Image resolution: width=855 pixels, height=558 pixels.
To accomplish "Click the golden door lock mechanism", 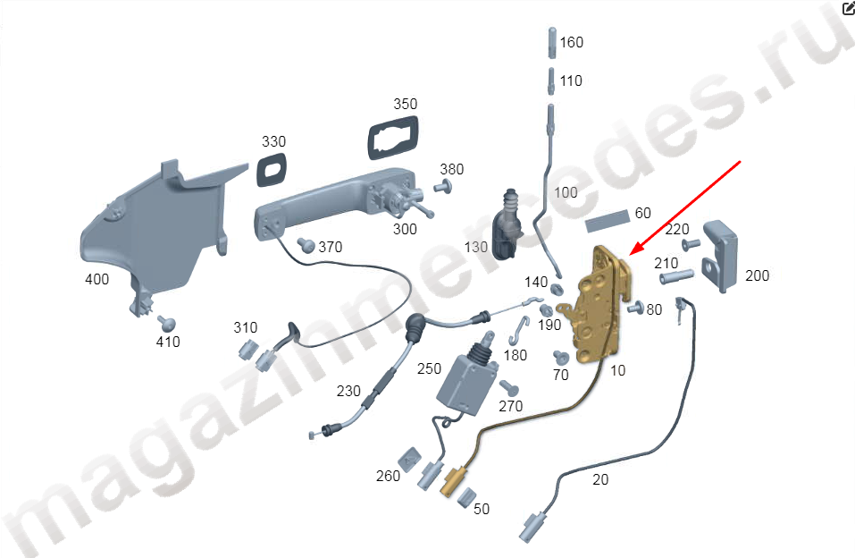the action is (599, 306).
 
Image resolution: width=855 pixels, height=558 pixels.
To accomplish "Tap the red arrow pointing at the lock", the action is (685, 208).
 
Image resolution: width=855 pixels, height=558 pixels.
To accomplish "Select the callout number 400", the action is (97, 280).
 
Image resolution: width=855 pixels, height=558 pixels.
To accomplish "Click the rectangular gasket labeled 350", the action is (393, 138).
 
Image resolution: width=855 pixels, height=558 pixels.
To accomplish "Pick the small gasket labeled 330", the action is (271, 170).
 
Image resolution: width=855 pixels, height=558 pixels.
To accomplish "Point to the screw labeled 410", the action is (167, 323).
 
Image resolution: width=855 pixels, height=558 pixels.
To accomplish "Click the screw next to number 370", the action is (306, 245).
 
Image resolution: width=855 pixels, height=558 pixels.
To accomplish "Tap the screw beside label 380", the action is (443, 187).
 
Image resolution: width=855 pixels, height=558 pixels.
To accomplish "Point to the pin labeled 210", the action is (676, 276).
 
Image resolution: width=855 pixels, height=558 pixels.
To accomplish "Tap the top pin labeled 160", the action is (552, 42).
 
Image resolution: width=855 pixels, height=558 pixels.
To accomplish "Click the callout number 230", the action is (348, 392).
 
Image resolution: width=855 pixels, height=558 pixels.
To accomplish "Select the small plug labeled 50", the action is (466, 497).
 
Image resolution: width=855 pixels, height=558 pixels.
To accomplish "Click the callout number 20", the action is (600, 480).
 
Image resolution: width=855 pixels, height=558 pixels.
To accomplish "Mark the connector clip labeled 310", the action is (247, 350).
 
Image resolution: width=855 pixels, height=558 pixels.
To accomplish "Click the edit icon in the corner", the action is (849, 8).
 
